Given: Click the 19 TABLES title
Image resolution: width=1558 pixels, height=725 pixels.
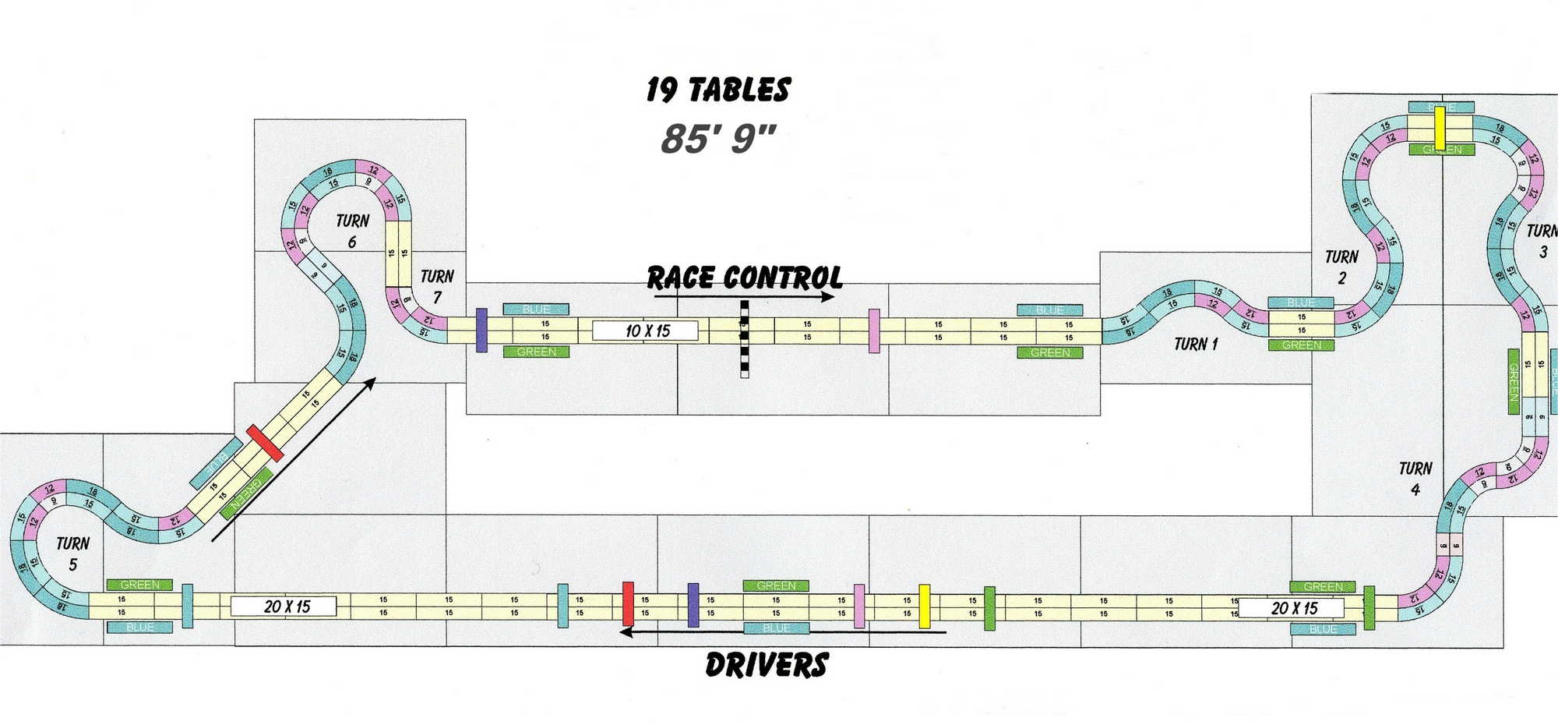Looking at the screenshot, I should [718, 90].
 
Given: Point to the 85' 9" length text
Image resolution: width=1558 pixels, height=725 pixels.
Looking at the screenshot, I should [718, 139].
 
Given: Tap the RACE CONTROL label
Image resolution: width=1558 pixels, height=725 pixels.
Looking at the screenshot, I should [745, 278].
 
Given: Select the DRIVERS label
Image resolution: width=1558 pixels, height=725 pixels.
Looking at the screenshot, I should [767, 665].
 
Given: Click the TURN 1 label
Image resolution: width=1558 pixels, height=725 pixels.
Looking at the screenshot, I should [1195, 344].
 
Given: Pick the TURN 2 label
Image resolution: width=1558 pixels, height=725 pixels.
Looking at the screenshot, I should [1341, 267].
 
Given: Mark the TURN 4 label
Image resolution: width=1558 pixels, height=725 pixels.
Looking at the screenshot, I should [1415, 478].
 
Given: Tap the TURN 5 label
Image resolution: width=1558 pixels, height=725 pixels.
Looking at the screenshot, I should [72, 553].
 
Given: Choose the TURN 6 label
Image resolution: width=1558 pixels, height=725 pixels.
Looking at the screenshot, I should [352, 231].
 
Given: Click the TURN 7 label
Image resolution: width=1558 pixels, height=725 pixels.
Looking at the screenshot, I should [437, 286].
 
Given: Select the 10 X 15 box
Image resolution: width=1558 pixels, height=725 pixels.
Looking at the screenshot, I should [647, 331].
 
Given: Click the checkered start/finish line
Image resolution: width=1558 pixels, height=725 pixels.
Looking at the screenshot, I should [745, 339].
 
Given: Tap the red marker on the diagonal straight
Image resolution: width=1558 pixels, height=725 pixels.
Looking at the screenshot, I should [265, 443].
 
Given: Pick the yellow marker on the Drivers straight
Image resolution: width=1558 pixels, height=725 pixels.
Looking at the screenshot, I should [925, 606].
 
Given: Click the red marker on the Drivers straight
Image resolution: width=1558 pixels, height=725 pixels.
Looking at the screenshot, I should [628, 604].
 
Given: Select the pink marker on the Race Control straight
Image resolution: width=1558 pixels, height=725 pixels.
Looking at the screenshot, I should [874, 331].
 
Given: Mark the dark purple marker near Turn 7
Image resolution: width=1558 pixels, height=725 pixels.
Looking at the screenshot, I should [481, 330].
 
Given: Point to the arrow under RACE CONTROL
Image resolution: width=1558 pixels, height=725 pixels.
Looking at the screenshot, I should [744, 297].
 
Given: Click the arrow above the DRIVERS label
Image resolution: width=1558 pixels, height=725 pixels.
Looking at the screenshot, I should [783, 632].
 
